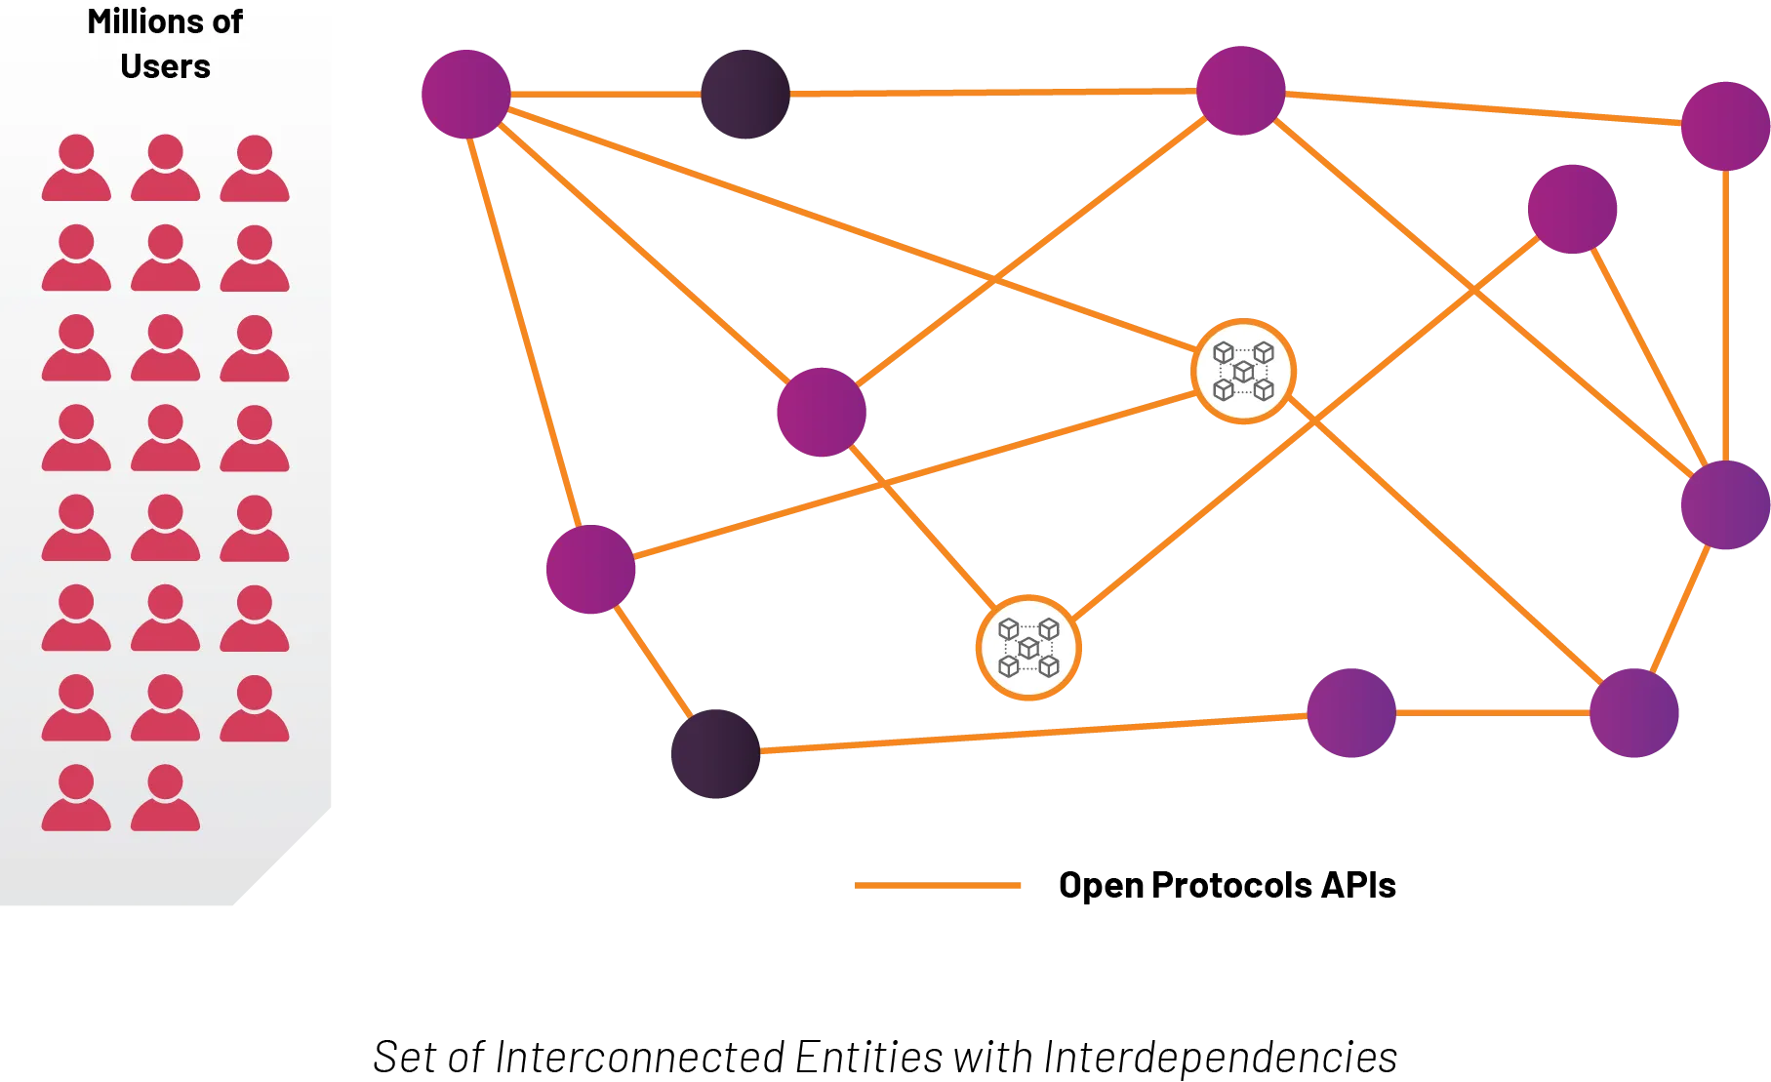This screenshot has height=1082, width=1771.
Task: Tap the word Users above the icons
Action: tap(165, 66)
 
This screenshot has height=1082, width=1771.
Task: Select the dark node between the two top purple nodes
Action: tap(746, 94)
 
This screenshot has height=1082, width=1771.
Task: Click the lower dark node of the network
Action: tap(717, 753)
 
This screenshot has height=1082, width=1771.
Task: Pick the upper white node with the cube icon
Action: tap(1243, 371)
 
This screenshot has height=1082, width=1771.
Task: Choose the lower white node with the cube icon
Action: tap(1028, 647)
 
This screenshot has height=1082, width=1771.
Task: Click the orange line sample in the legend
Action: tap(936, 886)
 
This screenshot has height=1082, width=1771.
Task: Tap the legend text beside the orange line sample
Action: tap(1226, 884)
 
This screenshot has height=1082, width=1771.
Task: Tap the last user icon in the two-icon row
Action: tap(165, 798)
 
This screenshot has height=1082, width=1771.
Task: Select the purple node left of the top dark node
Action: tap(467, 94)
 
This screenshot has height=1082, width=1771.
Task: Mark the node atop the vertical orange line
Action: tap(1724, 125)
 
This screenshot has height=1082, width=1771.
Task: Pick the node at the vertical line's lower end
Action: tap(1724, 506)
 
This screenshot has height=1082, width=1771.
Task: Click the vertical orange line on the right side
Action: tap(1725, 312)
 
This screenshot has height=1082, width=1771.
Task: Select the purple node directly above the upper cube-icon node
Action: tap(1241, 90)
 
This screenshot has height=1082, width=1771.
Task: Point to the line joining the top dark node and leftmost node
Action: tap(605, 94)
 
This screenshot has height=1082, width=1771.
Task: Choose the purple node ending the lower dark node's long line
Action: tap(1350, 713)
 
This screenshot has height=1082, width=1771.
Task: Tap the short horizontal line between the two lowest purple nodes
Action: tap(1493, 713)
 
